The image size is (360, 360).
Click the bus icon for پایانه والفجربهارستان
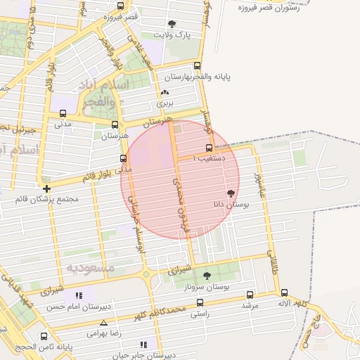click(x=157, y=77)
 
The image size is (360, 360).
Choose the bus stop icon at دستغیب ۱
click(x=209, y=148)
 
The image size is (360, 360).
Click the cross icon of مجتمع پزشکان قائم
click(x=46, y=188)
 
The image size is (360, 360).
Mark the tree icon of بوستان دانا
click(x=231, y=192)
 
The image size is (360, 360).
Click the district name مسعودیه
click(x=91, y=269)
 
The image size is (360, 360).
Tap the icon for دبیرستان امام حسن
click(x=81, y=295)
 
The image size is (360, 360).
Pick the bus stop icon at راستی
click(x=200, y=303)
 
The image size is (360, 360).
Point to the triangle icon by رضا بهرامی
click(x=103, y=323)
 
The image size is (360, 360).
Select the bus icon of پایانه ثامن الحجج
click(x=44, y=337)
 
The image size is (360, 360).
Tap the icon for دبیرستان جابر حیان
click(x=143, y=345)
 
